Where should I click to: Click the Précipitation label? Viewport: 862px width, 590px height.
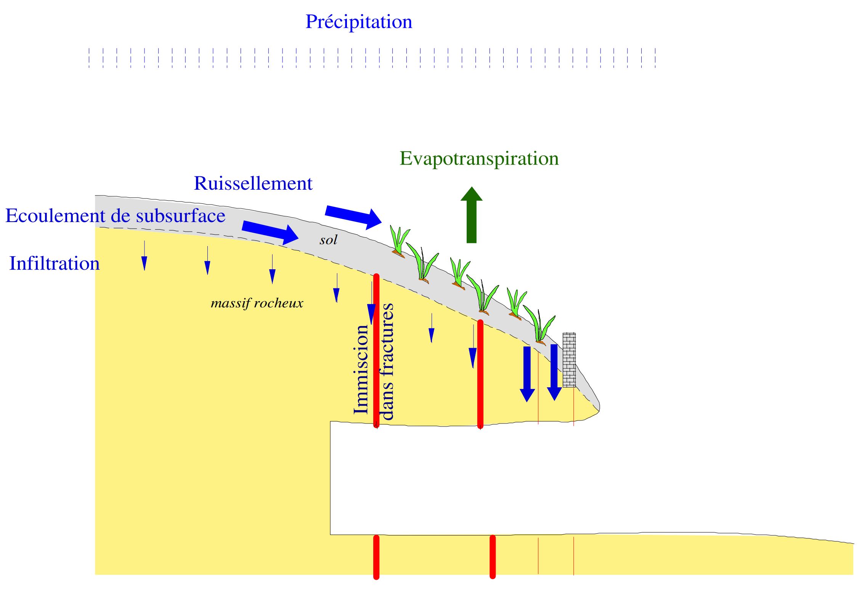358,22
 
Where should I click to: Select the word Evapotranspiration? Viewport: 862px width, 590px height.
479,158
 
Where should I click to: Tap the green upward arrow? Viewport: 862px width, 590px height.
472,215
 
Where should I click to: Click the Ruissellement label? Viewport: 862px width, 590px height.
253,184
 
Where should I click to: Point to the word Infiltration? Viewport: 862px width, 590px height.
54,264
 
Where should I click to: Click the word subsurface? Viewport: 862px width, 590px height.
180,216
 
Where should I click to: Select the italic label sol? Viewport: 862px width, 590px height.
328,240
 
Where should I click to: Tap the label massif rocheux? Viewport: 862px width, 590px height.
257,303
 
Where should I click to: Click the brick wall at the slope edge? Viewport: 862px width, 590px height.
569,360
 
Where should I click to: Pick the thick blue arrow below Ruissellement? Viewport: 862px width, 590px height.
353,216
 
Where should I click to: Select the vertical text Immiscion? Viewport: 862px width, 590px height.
361,369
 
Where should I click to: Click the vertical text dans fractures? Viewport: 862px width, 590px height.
387,362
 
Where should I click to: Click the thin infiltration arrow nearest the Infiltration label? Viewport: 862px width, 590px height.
144,256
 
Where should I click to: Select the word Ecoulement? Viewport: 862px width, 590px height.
55,216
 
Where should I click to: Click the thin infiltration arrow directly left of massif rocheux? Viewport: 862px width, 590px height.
207,261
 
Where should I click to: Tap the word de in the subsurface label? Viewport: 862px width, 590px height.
121,216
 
